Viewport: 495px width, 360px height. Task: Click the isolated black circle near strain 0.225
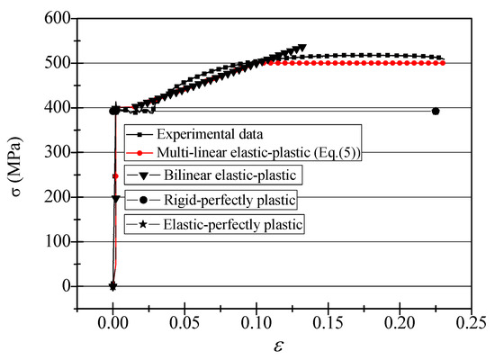coord(436,112)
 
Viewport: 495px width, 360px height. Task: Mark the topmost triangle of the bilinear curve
coord(301,49)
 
